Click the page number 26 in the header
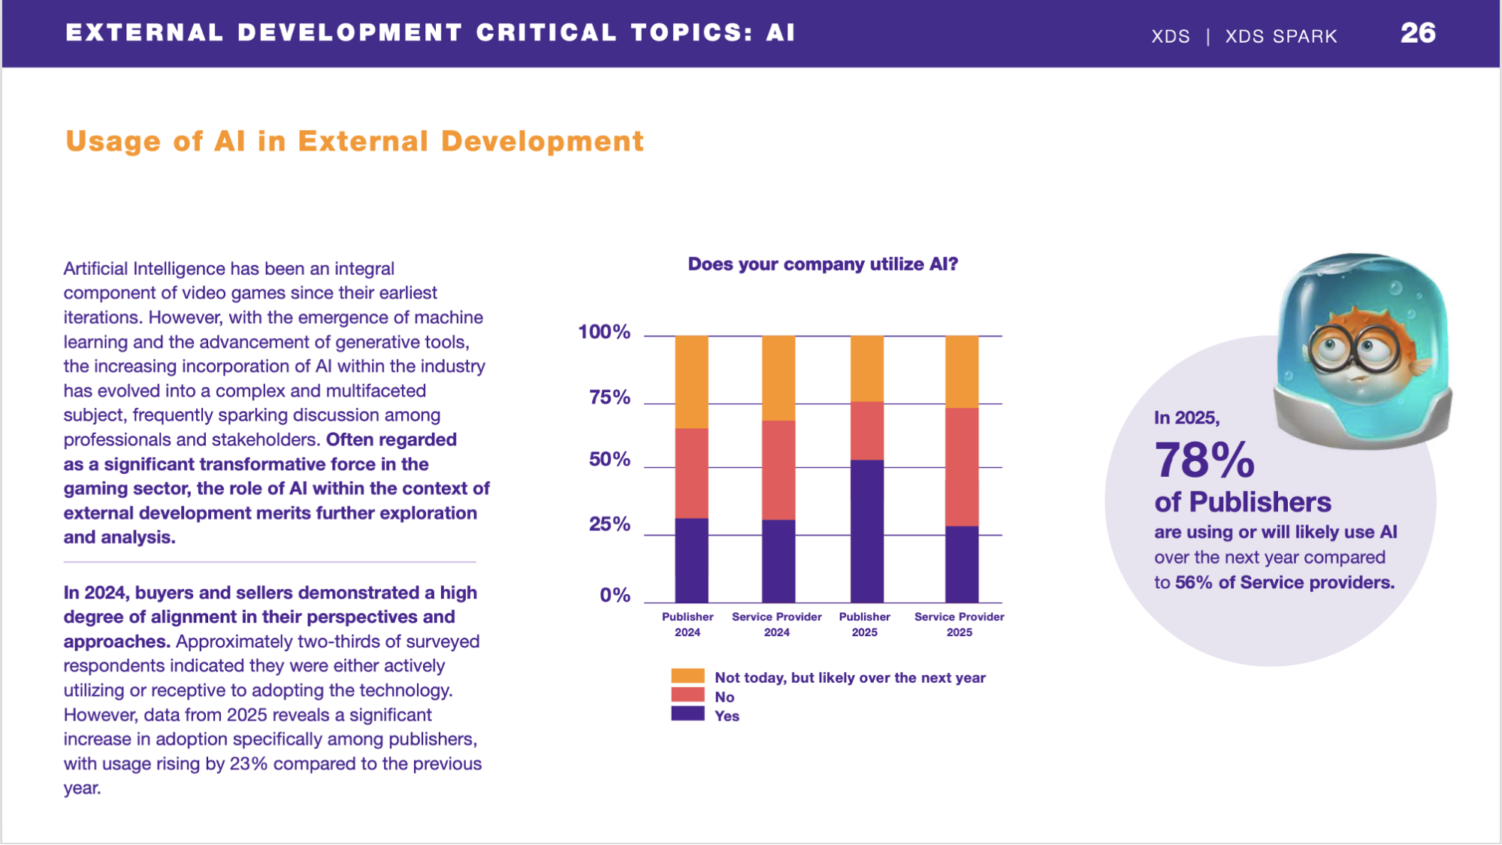point(1417,33)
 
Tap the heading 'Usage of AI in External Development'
point(354,141)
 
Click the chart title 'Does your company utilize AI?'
point(823,264)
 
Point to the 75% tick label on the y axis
point(609,397)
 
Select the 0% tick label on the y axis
point(615,596)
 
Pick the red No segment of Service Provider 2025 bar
point(961,466)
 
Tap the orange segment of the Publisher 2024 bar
point(691,382)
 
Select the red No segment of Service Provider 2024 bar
point(778,469)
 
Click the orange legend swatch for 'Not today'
point(688,676)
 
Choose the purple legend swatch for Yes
point(688,714)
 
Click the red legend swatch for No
point(688,695)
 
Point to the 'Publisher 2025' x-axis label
point(864,624)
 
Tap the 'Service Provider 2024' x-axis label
point(777,624)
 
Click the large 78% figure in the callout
point(1204,460)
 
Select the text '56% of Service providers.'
point(1284,583)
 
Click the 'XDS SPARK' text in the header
point(1281,36)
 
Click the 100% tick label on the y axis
point(604,332)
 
